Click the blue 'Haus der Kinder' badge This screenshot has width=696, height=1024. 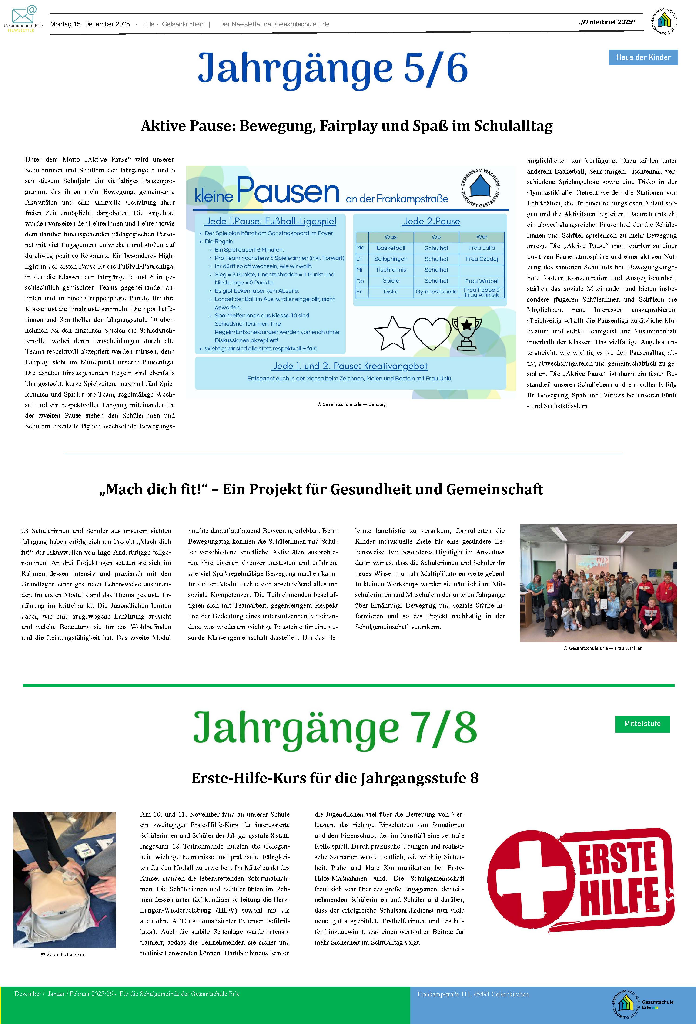pyautogui.click(x=643, y=57)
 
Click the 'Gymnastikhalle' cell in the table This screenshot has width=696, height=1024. pyautogui.click(x=436, y=292)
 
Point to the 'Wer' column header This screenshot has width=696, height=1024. pyautogui.click(x=482, y=237)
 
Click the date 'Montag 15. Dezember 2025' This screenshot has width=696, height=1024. pyautogui.click(x=90, y=24)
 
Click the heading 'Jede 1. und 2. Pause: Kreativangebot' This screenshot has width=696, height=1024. pyautogui.click(x=350, y=366)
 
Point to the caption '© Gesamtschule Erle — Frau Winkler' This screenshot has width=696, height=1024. pyautogui.click(x=602, y=648)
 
